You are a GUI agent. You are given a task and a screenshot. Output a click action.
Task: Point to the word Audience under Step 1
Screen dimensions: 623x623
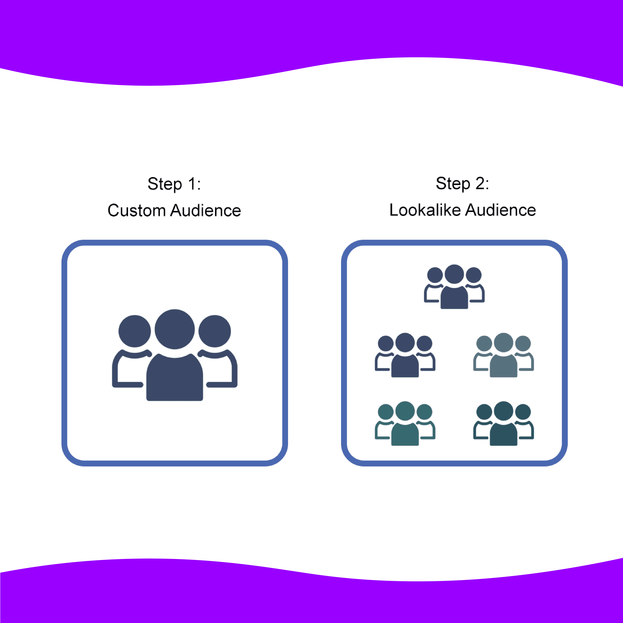(x=206, y=211)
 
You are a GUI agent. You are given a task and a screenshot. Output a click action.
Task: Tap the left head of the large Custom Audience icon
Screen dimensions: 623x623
(x=134, y=331)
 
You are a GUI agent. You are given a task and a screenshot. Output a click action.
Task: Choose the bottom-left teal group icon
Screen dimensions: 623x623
(x=405, y=423)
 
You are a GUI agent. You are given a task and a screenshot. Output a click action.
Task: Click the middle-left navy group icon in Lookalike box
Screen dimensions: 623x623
(x=405, y=355)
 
